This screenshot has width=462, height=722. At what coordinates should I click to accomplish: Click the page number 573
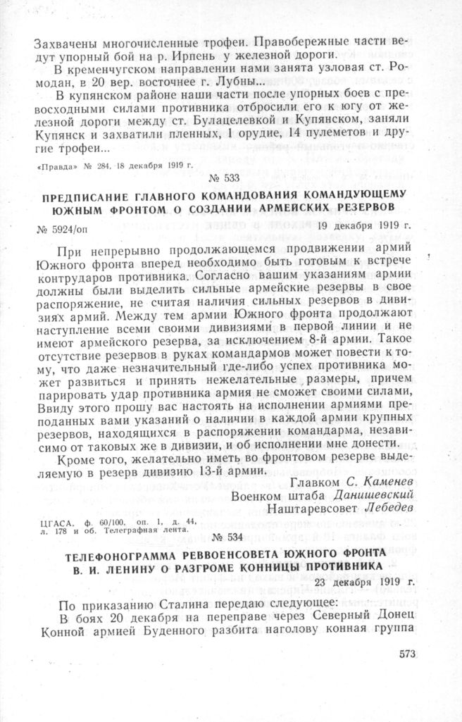408,653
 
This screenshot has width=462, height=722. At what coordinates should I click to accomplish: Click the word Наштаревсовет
306,509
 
